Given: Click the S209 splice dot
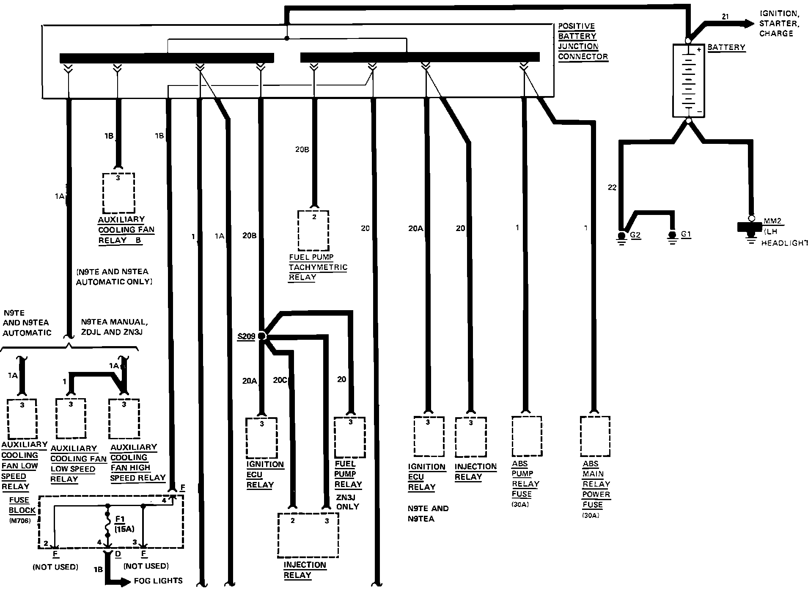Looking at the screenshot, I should [x=262, y=336].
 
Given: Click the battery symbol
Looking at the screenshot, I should [x=688, y=80].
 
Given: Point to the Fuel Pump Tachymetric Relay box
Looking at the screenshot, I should [x=313, y=231].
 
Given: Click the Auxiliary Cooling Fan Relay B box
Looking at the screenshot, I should [x=118, y=193].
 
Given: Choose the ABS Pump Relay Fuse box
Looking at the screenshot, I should [x=527, y=436].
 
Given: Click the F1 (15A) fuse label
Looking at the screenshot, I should [x=124, y=523].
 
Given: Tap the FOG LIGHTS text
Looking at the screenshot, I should [x=158, y=581].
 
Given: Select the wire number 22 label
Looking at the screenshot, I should [x=612, y=187].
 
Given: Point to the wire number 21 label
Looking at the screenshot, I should [x=726, y=17].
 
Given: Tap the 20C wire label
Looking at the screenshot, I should [x=280, y=380].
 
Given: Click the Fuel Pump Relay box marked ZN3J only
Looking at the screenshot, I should [x=350, y=438].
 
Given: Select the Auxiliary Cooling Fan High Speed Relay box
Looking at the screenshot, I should [x=124, y=419].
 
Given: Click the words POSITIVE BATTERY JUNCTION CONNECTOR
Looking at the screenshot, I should [x=583, y=41].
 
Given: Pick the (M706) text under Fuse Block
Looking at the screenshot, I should [x=19, y=521].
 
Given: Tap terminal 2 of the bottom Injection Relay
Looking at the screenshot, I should [x=293, y=521].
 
